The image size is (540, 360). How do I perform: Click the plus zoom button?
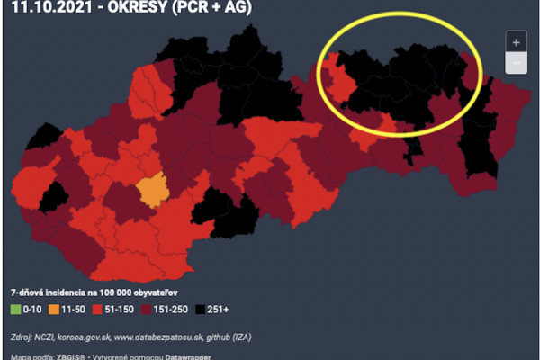516,42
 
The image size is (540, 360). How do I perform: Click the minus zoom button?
516,63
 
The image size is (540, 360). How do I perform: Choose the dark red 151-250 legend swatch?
147,309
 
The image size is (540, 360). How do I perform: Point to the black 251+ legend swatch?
200,309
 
